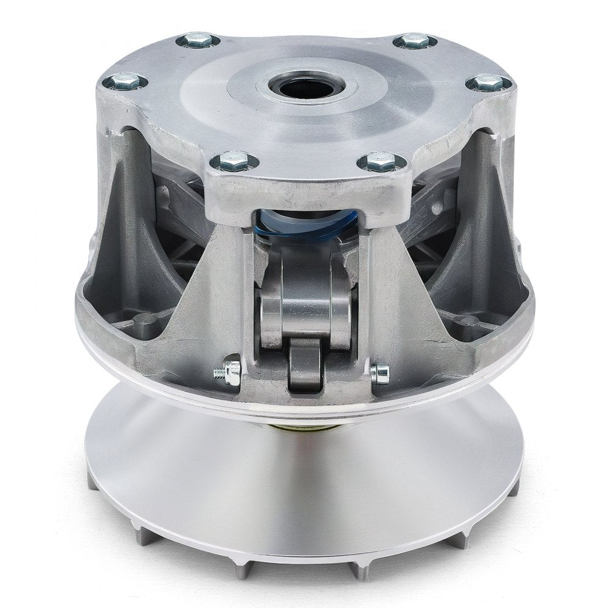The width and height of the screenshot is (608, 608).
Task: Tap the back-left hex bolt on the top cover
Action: pos(198,41)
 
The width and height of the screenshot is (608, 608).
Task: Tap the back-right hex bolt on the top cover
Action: pos(415,41)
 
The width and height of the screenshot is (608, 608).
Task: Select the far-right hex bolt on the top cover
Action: pos(488,81)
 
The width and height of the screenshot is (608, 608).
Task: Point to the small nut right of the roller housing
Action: pos(381,373)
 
